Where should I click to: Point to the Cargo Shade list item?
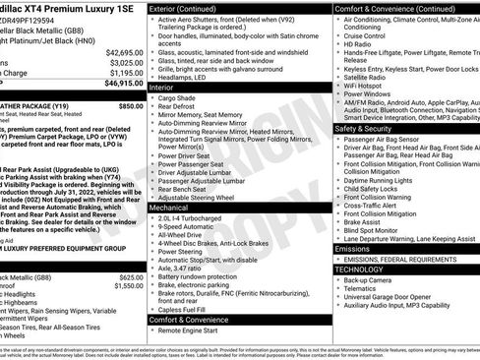point(180,98)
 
